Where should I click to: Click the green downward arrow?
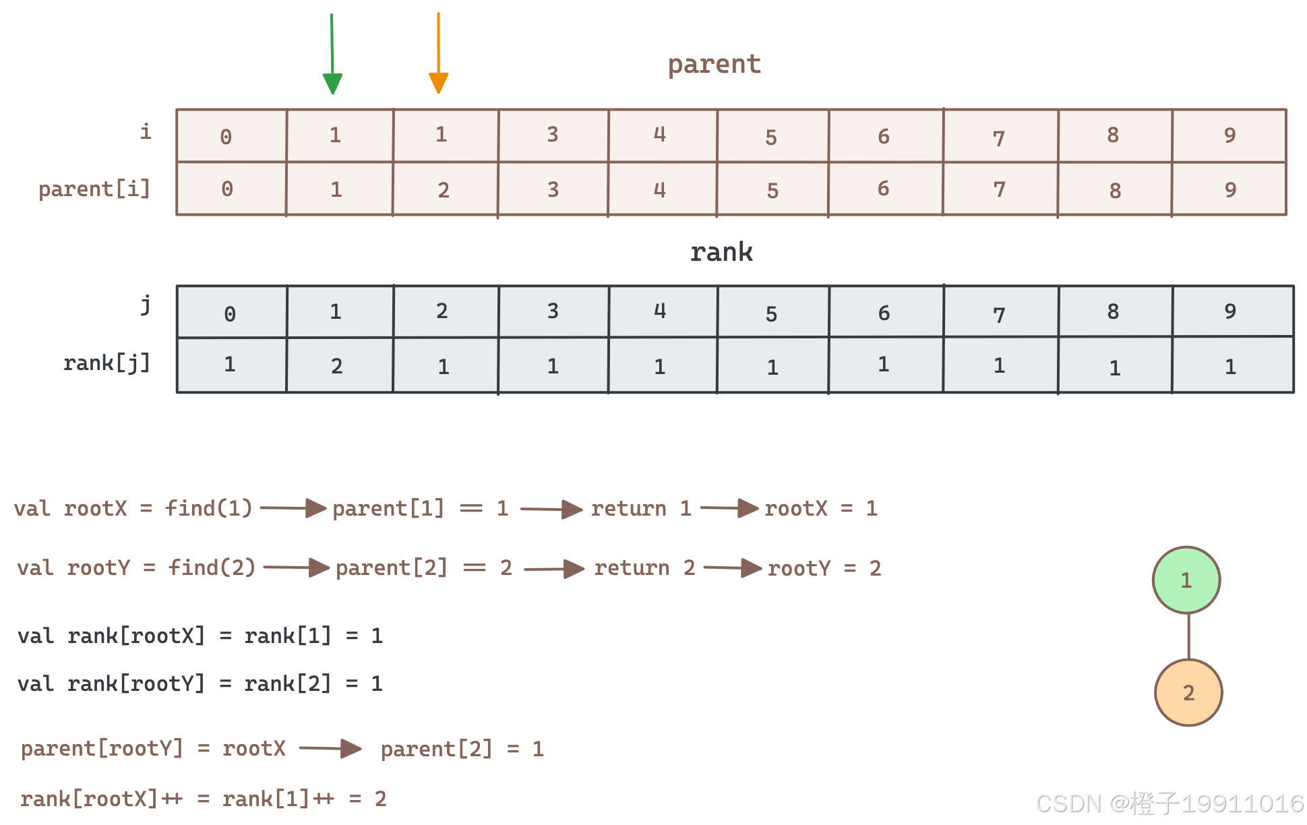click(332, 54)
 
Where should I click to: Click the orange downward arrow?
click(438, 53)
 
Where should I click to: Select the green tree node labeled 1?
click(1186, 580)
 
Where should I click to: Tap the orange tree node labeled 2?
click(1188, 692)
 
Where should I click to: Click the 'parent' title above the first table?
click(715, 65)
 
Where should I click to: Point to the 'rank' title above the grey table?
click(721, 252)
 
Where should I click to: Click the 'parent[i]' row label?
click(94, 189)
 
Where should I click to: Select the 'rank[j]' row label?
click(107, 363)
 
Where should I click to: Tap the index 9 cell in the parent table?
click(1229, 135)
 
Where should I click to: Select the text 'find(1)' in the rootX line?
click(209, 508)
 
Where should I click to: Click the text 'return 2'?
click(644, 568)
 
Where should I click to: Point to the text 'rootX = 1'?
click(820, 508)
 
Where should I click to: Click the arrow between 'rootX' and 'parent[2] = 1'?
click(330, 748)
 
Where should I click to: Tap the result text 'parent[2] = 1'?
click(462, 749)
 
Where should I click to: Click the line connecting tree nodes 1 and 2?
click(1188, 636)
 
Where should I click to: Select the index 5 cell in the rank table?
click(772, 313)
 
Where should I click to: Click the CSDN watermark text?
click(1170, 803)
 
